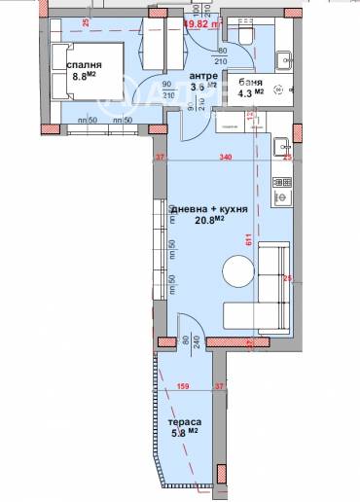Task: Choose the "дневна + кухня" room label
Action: point(209,209)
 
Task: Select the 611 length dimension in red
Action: point(249,237)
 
